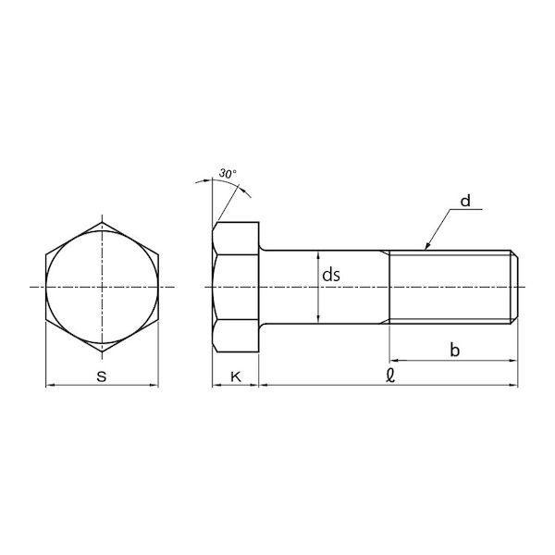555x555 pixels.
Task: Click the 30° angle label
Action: (x=228, y=174)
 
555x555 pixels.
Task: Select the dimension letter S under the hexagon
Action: (x=102, y=376)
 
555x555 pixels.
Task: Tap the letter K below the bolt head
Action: (x=236, y=377)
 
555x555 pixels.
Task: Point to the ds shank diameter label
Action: (x=331, y=275)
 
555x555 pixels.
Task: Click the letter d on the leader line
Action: (x=465, y=201)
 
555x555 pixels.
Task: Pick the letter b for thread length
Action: (x=454, y=350)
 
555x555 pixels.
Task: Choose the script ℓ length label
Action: (x=390, y=376)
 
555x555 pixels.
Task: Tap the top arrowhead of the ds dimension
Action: (x=319, y=254)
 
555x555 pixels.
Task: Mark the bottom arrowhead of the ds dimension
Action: (x=319, y=320)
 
